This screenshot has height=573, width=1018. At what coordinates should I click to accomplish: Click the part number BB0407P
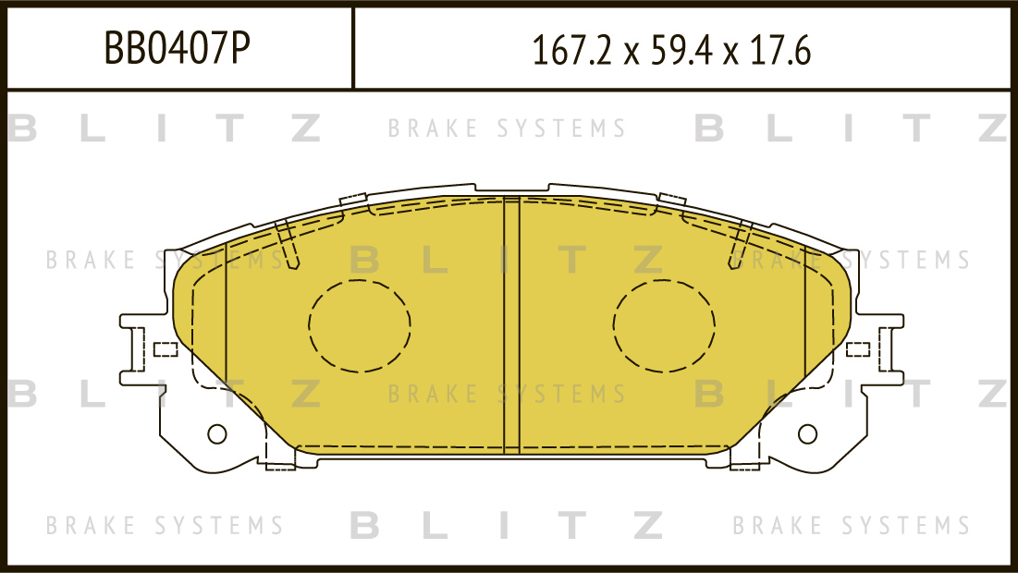[177, 48]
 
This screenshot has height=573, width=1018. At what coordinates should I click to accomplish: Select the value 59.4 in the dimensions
[673, 51]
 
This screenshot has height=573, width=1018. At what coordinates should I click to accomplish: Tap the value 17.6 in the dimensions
[775, 51]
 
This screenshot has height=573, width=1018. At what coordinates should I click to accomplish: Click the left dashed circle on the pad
[360, 324]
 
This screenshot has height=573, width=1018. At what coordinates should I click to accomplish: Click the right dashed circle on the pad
[664, 324]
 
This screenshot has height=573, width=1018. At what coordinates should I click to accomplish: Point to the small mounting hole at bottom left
[217, 433]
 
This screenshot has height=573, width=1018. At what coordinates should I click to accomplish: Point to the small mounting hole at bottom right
[807, 433]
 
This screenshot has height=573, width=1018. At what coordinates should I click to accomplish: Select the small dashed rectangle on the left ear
[165, 349]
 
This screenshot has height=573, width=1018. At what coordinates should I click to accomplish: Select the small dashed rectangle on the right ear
[858, 349]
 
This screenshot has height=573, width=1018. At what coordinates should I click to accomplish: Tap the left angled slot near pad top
[288, 245]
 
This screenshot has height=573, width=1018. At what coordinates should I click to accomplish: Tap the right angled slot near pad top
[739, 245]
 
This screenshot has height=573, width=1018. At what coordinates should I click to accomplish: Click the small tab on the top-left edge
[353, 199]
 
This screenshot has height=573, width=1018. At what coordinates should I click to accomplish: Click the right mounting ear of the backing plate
[886, 347]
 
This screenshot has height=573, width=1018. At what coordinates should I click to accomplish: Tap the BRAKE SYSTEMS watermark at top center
[507, 128]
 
